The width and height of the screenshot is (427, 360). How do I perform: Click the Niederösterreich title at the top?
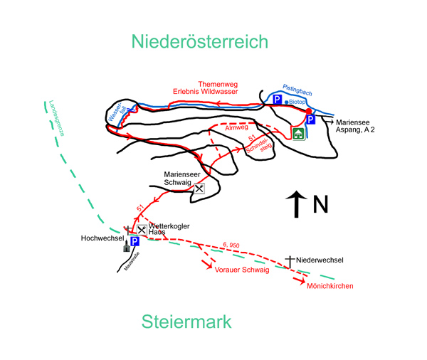click(200, 41)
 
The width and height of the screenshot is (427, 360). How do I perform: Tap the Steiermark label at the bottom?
click(186, 322)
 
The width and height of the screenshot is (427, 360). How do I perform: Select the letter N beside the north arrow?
click(321, 205)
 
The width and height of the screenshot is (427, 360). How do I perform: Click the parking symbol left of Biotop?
click(277, 101)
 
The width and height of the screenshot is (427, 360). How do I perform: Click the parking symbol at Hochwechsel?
click(134, 242)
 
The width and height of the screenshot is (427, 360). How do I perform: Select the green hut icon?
click(298, 133)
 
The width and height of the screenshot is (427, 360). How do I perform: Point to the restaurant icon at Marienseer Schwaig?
click(199, 189)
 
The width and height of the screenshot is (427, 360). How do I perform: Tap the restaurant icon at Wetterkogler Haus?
click(142, 229)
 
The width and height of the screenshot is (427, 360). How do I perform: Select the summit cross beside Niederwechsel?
click(290, 260)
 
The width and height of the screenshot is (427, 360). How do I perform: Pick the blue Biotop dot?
click(286, 102)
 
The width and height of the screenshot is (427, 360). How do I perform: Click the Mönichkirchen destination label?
click(330, 286)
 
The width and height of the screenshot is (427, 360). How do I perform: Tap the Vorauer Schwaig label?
click(241, 270)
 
